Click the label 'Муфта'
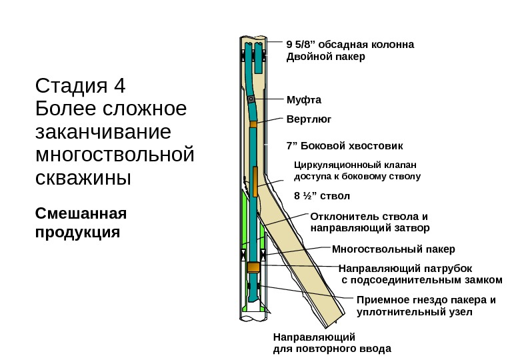(303, 101)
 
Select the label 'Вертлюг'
(308, 119)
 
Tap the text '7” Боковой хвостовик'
(345, 145)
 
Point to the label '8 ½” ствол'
(321, 196)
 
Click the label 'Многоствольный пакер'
(393, 249)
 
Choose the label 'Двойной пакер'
(325, 57)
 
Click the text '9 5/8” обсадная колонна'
(350, 45)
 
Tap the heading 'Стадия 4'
(80, 87)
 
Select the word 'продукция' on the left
(77, 233)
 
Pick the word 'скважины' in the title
(82, 179)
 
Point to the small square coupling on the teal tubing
(251, 99)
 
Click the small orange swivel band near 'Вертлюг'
(253, 124)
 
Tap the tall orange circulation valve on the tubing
(254, 182)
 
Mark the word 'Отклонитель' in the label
(340, 217)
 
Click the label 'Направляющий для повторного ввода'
(332, 343)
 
